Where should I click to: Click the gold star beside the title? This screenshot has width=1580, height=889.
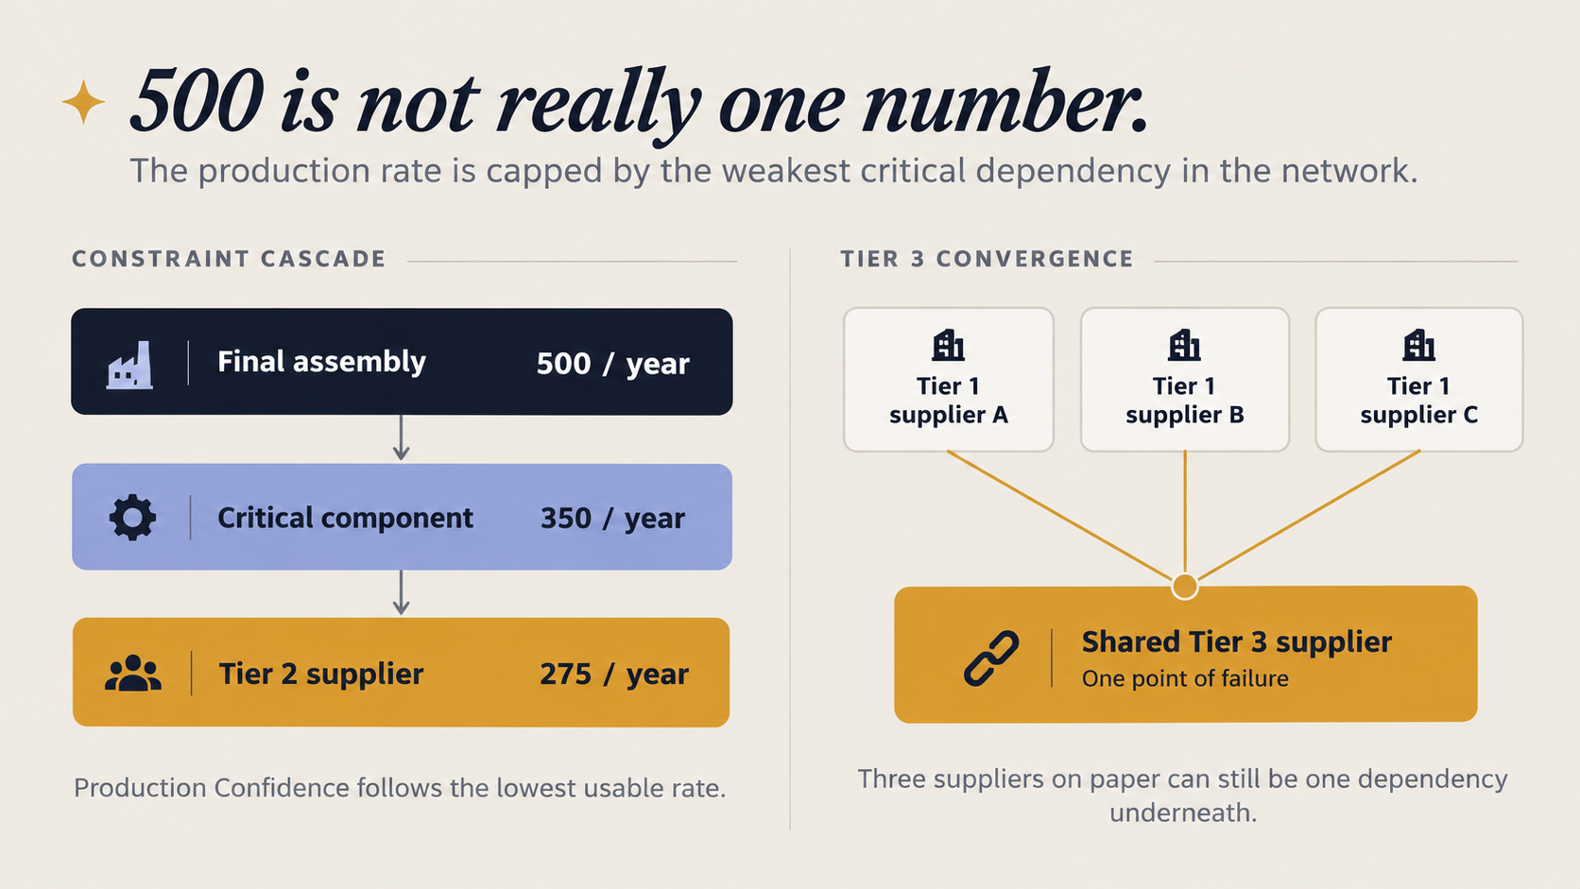point(83,101)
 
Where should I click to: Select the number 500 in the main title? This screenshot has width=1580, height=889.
point(197,101)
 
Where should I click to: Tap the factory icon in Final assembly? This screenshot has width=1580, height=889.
point(129,366)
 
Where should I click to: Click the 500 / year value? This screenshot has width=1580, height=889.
point(612,364)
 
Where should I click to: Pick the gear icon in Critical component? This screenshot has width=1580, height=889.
point(132,518)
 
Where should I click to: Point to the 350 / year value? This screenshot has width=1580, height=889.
point(612,518)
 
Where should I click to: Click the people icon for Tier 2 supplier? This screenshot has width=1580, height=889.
point(132,674)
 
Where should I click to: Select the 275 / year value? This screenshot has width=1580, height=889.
point(613,674)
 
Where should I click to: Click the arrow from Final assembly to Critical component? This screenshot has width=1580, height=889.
point(402,437)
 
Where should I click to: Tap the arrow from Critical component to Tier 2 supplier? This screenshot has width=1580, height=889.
point(402,593)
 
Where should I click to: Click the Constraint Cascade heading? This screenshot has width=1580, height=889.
point(230,259)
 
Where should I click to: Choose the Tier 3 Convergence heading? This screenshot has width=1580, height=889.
point(987,259)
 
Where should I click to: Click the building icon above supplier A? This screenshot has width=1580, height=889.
point(948,346)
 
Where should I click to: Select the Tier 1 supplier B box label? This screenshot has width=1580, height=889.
point(1184,401)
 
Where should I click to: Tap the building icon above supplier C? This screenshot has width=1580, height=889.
point(1418,346)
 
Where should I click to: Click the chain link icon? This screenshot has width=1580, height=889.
point(991,658)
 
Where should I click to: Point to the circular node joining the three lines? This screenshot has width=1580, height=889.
point(1185,586)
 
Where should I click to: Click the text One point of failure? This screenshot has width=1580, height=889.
point(1185,679)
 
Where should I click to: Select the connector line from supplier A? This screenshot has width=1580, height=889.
point(1060,516)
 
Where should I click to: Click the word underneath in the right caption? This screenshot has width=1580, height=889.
point(1183,812)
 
